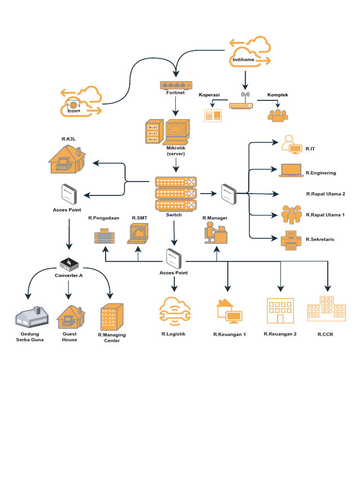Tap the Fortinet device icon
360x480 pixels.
(x=176, y=85)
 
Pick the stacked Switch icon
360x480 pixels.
(x=176, y=194)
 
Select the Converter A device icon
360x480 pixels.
(x=68, y=264)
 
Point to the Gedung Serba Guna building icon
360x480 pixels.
(x=32, y=317)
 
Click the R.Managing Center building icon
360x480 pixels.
(x=112, y=316)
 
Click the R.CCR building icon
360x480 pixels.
(x=326, y=309)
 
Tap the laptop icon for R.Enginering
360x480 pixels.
(x=291, y=170)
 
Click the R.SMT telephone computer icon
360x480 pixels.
(x=138, y=233)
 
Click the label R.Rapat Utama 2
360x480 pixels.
(x=325, y=194)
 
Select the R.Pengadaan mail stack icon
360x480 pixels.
(x=104, y=235)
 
